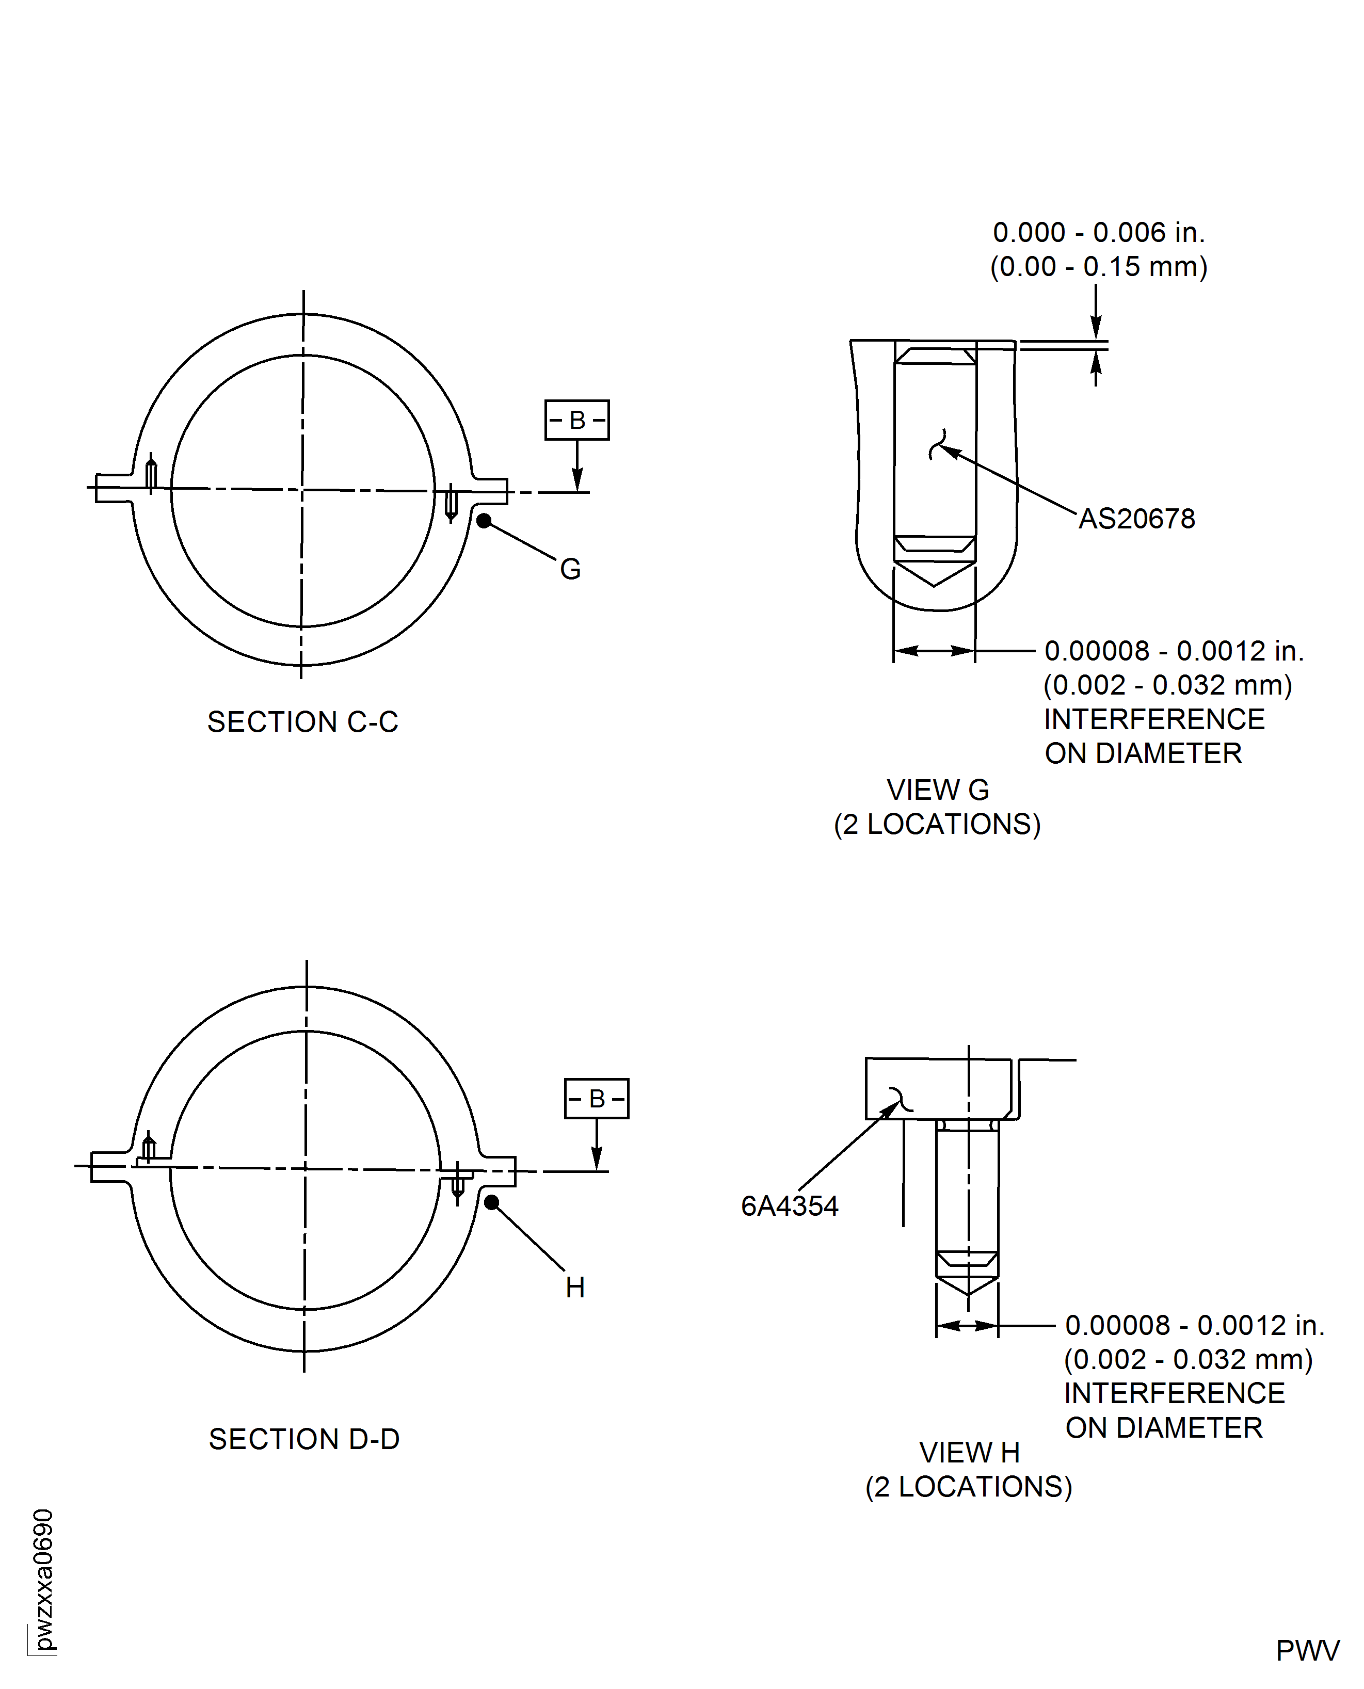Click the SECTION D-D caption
304,1439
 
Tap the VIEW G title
937,790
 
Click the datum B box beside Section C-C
576,420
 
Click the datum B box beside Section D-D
597,1098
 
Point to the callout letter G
570,569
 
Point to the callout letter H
575,1288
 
